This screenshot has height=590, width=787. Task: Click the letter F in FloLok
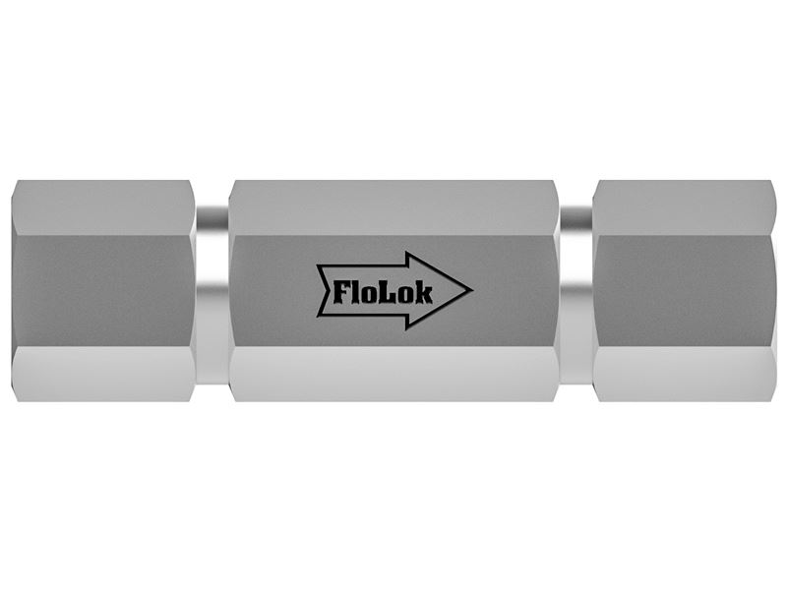[341, 292]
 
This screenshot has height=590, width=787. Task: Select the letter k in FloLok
[423, 292]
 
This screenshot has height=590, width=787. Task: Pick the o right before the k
[404, 295]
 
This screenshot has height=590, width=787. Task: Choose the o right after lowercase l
[369, 295]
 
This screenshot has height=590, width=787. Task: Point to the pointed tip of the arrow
[472, 290]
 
